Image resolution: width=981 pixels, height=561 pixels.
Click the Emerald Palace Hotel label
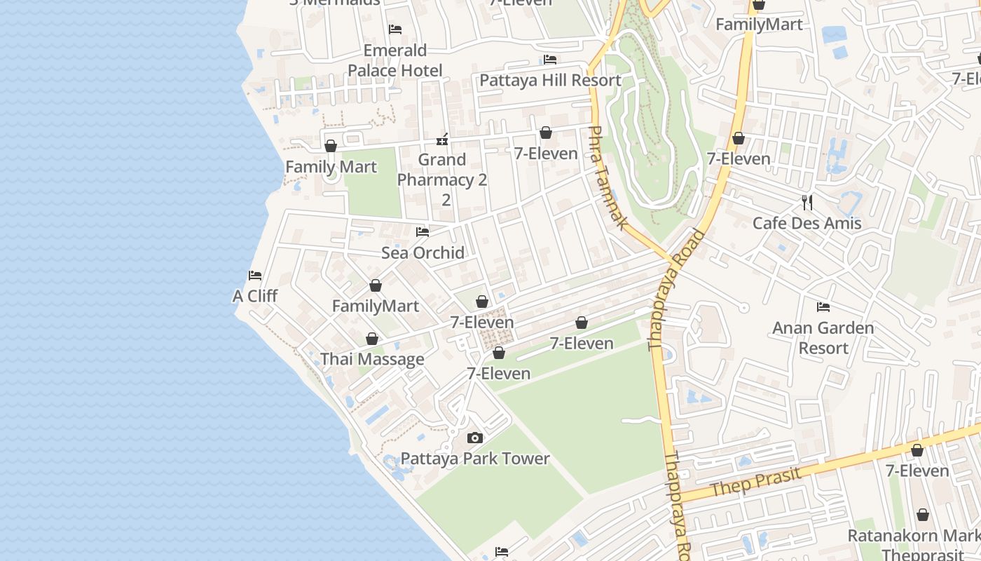point(395,60)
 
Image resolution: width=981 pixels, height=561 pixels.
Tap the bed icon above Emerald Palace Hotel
point(395,29)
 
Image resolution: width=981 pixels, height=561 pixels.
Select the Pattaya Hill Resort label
point(550,80)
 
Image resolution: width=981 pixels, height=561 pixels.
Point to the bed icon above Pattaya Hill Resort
point(550,60)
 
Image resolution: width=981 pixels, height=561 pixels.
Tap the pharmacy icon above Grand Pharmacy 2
point(442,139)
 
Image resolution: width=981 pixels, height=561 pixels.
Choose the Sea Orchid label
point(423,252)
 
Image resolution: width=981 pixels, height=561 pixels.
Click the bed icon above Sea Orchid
point(423,232)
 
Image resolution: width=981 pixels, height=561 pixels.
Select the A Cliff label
point(255,296)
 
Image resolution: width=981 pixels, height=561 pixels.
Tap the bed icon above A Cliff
point(255,276)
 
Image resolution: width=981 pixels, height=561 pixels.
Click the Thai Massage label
point(372,360)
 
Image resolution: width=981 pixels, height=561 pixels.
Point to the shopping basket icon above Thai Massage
point(372,339)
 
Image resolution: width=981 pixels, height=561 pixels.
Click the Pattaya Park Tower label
point(475,459)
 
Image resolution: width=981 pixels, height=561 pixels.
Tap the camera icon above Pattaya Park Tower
point(475,438)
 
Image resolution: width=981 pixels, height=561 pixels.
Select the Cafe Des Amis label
point(807,223)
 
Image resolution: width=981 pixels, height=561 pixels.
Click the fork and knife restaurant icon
point(807,203)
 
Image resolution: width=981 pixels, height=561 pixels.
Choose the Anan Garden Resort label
point(823,337)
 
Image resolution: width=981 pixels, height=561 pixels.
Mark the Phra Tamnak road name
point(608,177)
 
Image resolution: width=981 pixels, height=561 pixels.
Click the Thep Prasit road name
point(756,482)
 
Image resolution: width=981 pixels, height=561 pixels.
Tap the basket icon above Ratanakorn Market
point(923,515)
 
